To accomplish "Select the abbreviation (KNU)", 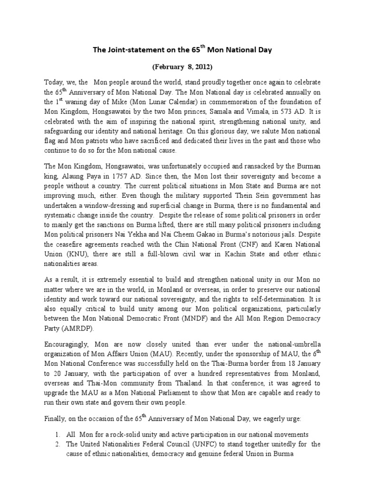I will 74,253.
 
